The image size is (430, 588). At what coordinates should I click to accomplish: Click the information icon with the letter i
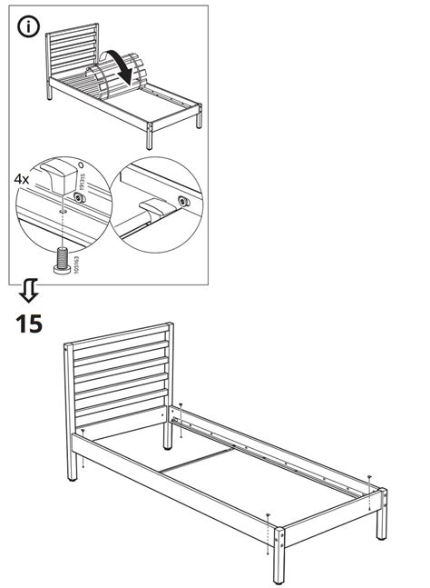(29, 28)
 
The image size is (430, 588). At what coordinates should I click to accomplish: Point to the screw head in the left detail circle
(80, 195)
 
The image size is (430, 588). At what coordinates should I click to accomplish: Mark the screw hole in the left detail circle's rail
(59, 207)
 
